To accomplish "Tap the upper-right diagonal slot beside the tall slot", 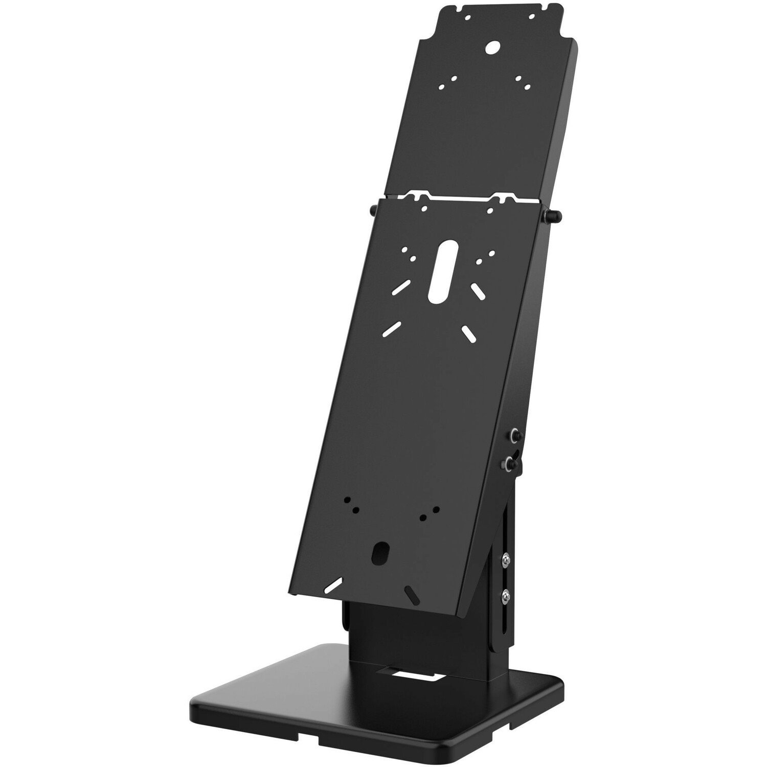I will click(x=478, y=290).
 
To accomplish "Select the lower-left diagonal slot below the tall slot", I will click(x=390, y=330).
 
